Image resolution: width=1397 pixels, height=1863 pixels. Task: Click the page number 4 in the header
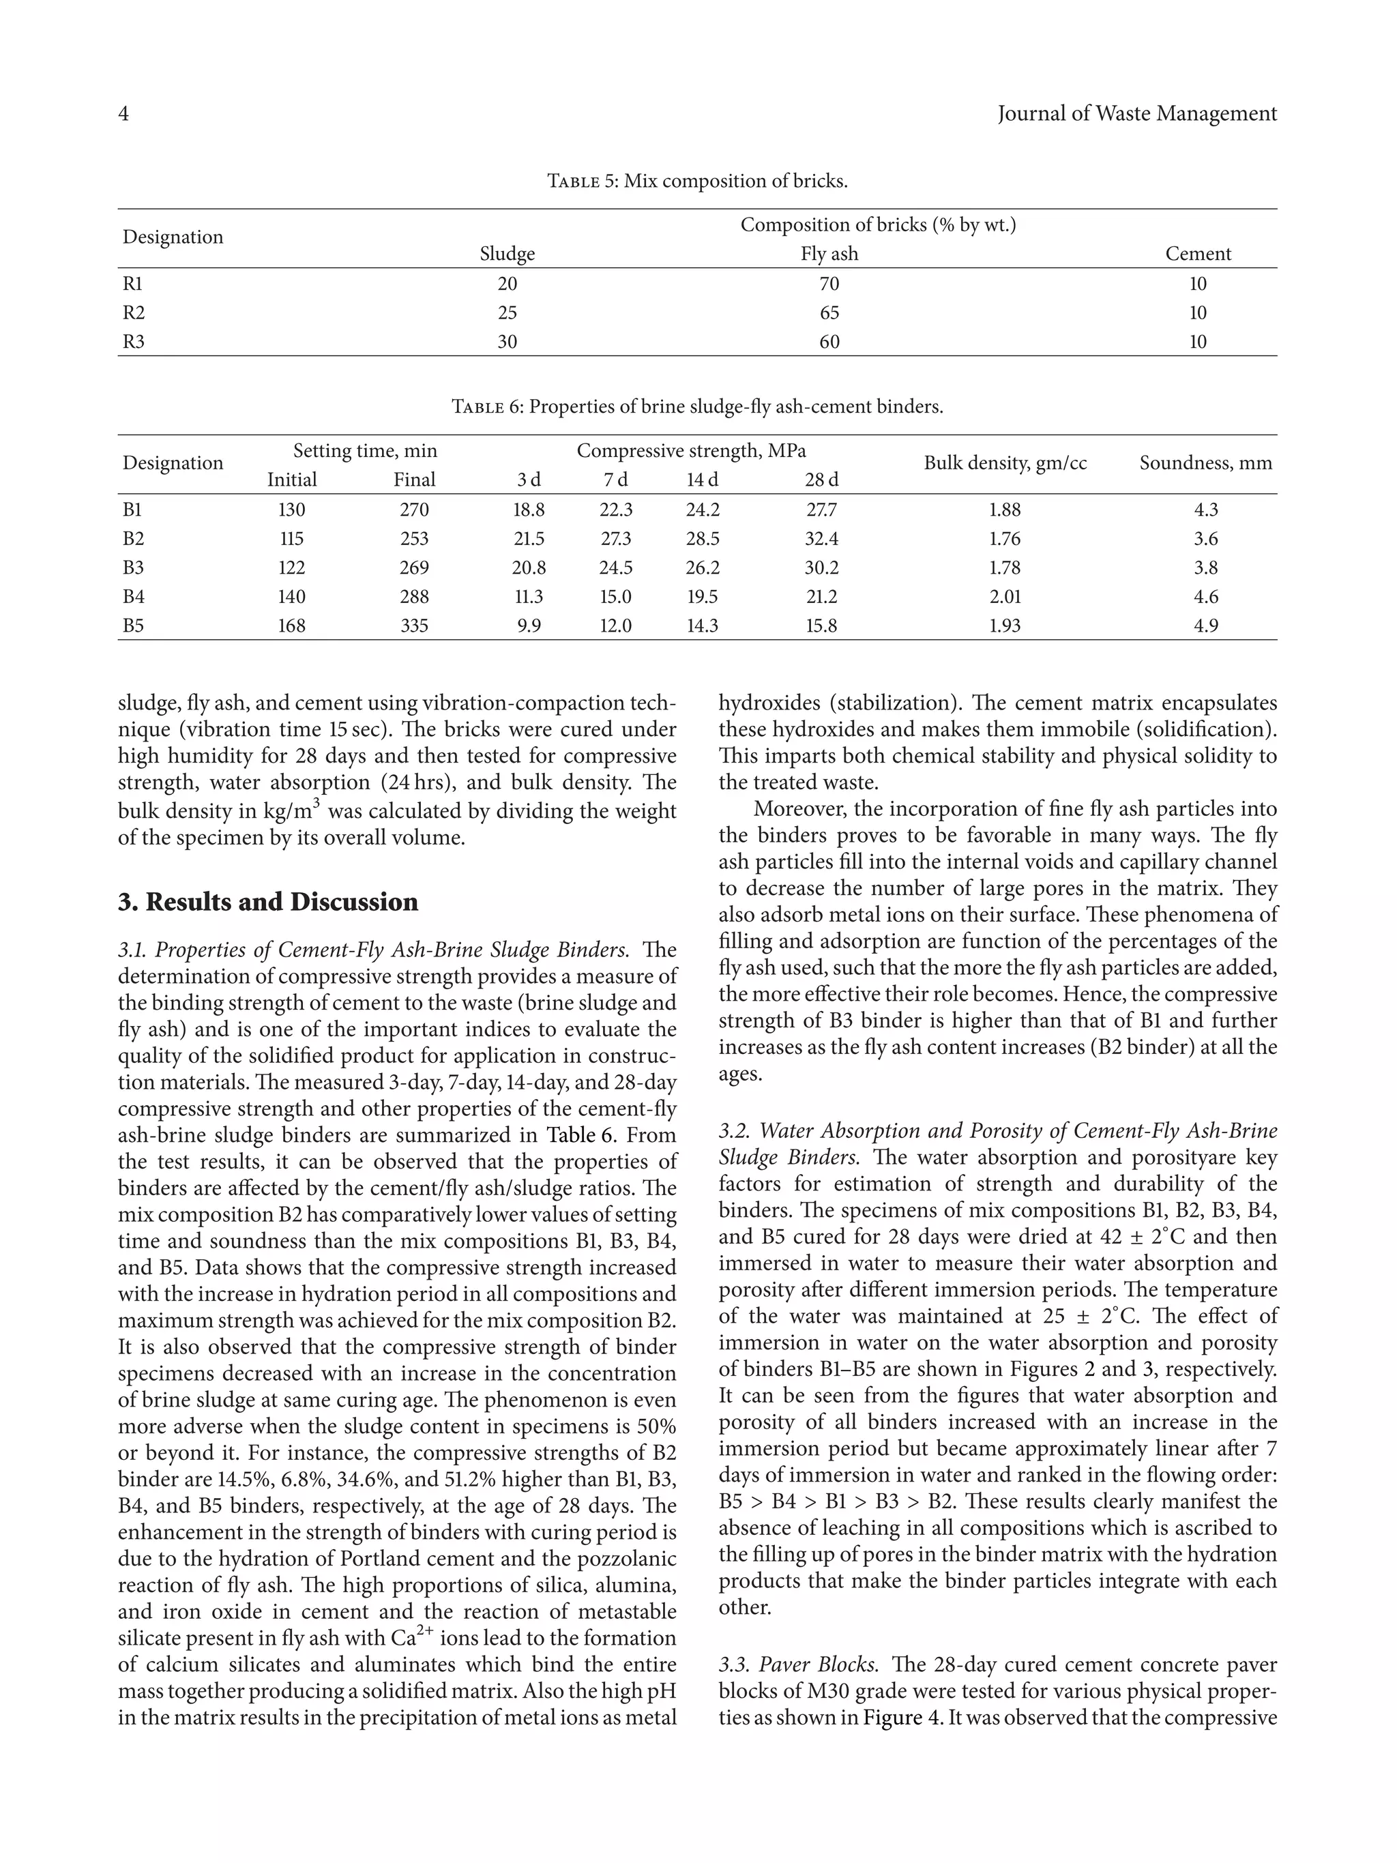point(123,114)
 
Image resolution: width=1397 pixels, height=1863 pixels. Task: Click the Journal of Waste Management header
point(1137,114)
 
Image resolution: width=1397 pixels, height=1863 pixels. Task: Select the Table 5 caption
point(697,181)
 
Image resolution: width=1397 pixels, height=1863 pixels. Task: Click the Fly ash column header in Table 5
point(829,254)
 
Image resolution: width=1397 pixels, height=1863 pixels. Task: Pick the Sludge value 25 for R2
point(507,312)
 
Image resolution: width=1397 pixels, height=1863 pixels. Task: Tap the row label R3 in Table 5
point(134,341)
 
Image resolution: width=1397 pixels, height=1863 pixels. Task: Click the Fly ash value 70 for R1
point(829,284)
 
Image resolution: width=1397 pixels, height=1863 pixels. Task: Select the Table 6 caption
point(697,407)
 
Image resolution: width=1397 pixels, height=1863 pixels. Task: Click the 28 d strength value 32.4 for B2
point(821,538)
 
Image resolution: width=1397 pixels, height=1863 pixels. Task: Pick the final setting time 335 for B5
point(414,625)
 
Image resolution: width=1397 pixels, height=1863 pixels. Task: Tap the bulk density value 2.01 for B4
point(1005,596)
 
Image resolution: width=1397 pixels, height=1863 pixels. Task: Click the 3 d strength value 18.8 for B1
point(529,510)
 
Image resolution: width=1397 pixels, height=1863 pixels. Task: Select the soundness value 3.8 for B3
point(1206,568)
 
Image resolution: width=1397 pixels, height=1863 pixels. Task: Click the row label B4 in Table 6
point(134,596)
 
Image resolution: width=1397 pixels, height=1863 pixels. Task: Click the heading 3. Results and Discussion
point(268,902)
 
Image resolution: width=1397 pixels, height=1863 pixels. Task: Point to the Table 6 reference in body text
point(582,1135)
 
